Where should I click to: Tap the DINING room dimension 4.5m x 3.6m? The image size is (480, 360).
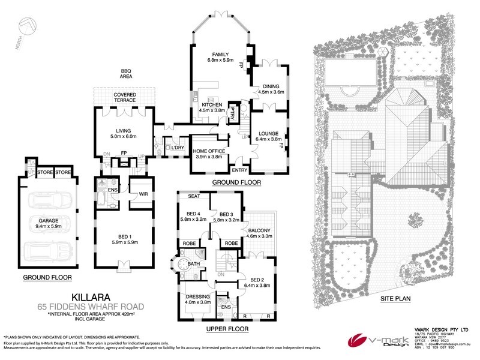point(270,92)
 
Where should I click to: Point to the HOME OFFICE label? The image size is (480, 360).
point(208,150)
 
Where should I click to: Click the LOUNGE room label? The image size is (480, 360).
point(268,133)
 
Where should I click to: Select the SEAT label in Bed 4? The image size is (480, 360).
point(194,196)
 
